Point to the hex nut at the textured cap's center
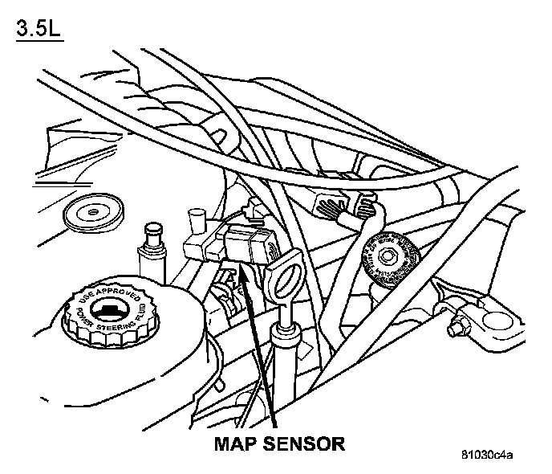tap(388, 256)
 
